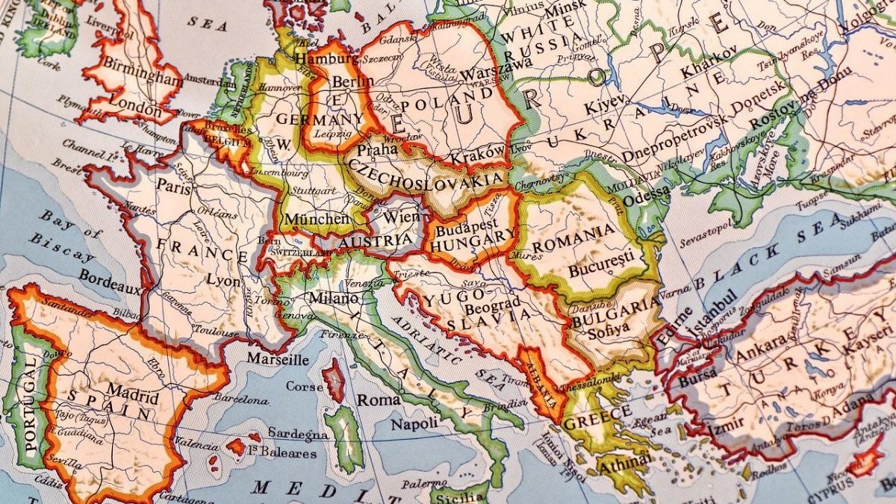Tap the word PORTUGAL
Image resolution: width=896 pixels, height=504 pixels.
tap(28, 404)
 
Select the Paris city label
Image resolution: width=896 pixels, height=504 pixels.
tap(174, 187)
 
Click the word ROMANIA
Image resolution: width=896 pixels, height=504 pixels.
tap(583, 235)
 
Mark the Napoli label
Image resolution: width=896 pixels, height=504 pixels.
tap(414, 423)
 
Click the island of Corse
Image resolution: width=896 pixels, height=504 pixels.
tap(333, 379)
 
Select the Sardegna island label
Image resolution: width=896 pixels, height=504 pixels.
tap(298, 434)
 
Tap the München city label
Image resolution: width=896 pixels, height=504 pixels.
tap(317, 219)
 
